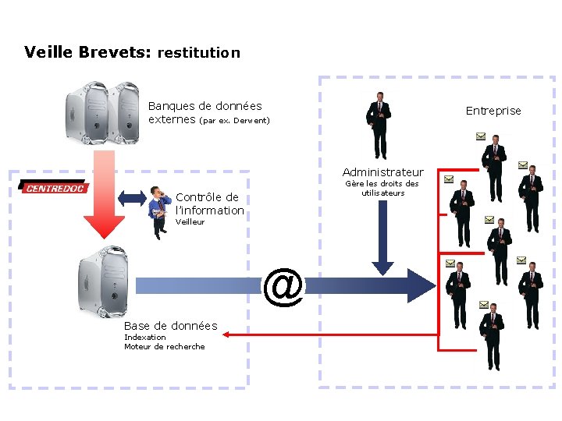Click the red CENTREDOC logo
53,187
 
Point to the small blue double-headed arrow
133,197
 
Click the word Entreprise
493,111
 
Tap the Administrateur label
382,172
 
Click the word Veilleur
190,221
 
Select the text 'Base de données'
171,325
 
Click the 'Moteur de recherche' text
164,346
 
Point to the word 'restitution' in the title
198,53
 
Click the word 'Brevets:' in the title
115,53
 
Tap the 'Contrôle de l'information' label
209,203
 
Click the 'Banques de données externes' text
205,112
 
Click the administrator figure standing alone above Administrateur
379,125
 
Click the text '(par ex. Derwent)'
234,121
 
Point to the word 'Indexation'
145,337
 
